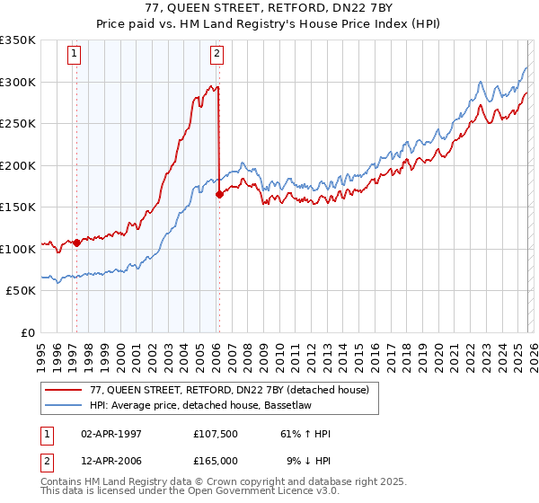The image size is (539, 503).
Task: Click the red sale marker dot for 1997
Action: coord(76,242)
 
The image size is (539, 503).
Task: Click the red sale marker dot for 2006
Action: coord(219,194)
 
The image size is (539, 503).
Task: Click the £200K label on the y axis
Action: coord(18,165)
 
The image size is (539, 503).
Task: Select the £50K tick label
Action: coord(21,291)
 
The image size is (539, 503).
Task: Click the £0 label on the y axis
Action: coord(27,332)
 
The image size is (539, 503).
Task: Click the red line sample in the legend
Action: coord(64,390)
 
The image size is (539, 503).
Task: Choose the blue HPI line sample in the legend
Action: coord(64,405)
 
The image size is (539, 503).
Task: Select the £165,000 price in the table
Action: coord(220,461)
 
